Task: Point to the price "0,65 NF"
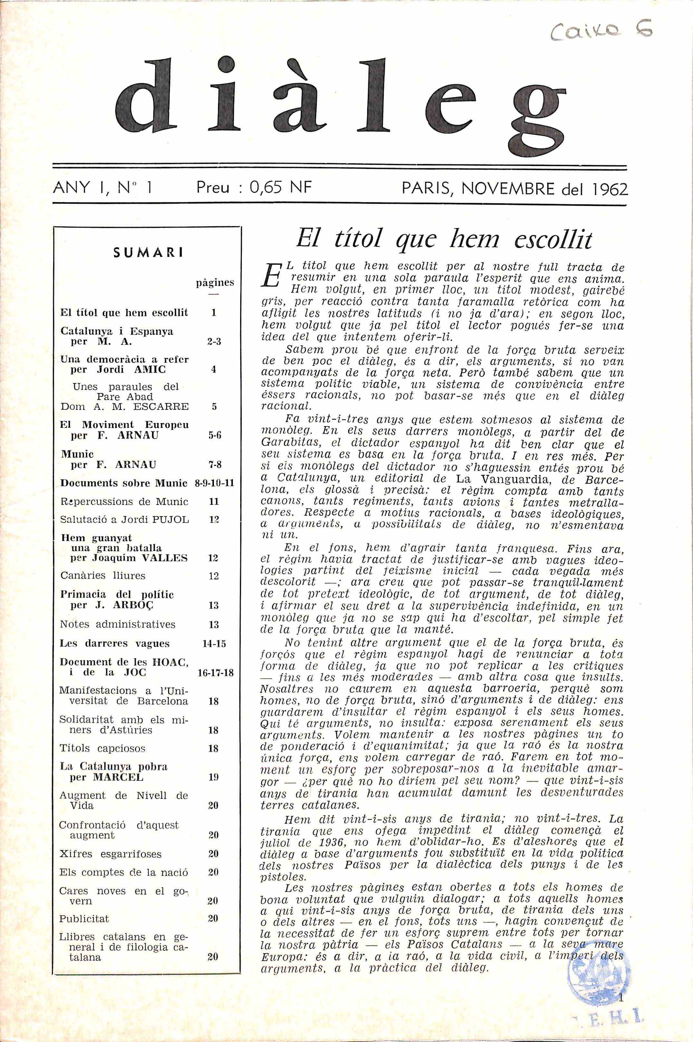tap(281, 188)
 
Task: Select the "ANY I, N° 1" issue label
tap(102, 188)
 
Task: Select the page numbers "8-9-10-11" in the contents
tap(214, 483)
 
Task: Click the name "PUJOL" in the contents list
tap(170, 520)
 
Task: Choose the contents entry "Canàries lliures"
tap(102, 576)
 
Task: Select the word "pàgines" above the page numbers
tap(215, 282)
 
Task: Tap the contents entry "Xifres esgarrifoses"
tap(111, 854)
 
